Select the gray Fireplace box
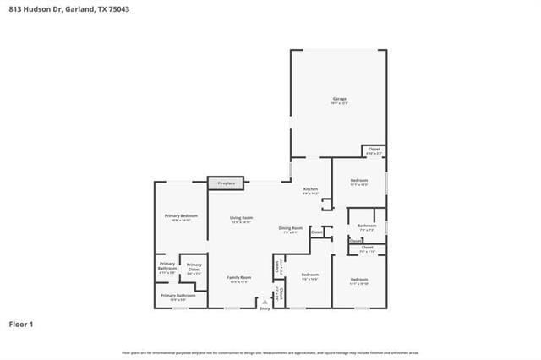pos(226,183)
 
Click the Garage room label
pos(339,99)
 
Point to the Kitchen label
pos(310,189)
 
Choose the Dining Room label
pos(291,228)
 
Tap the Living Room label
pos(242,218)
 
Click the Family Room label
pos(239,277)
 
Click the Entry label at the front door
pos(265,308)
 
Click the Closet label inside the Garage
pos(373,150)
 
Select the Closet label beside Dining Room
pos(316,232)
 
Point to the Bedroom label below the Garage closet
pos(359,181)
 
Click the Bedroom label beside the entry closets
pos(310,275)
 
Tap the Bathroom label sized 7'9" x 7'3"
pos(367,226)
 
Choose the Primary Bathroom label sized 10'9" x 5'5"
pos(178,296)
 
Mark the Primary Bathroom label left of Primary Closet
pos(167,268)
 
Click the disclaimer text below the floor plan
pos(270,352)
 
